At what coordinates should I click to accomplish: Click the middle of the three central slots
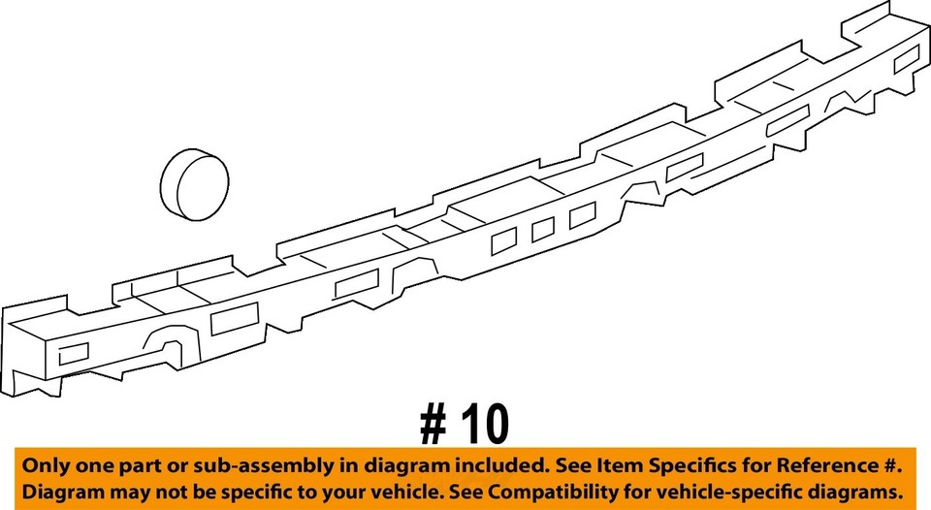[x=543, y=229]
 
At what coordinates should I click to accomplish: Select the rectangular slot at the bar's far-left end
[x=73, y=353]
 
